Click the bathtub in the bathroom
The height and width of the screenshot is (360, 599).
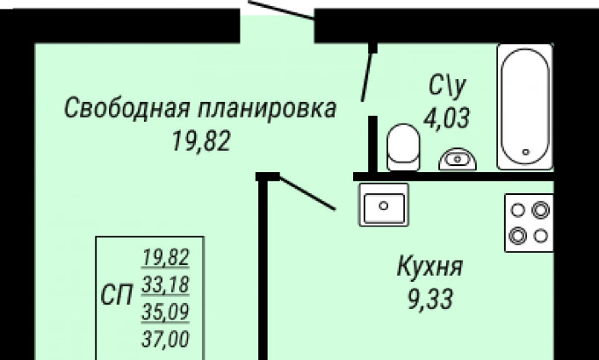tap(525, 107)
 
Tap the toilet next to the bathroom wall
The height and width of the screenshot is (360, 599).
tap(403, 147)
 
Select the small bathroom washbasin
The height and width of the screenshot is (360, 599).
tap(458, 159)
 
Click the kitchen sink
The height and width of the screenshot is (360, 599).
tap(384, 205)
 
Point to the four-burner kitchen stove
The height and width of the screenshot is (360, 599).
tap(529, 223)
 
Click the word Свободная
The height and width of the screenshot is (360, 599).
tap(126, 108)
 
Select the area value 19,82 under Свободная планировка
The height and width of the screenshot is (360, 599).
tap(201, 141)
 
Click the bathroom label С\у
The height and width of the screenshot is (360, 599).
tap(447, 86)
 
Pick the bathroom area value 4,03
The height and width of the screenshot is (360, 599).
tap(446, 118)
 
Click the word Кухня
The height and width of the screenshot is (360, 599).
tap(430, 267)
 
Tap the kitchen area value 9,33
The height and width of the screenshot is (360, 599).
tap(430, 299)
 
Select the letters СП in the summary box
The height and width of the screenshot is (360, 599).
tap(117, 296)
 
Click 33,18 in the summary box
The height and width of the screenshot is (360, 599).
tap(166, 284)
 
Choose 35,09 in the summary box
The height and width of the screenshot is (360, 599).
tap(166, 312)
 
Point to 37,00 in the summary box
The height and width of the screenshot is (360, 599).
tap(166, 339)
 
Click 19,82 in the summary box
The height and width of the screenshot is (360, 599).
tap(166, 257)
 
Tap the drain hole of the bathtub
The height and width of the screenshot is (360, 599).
tap(525, 152)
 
